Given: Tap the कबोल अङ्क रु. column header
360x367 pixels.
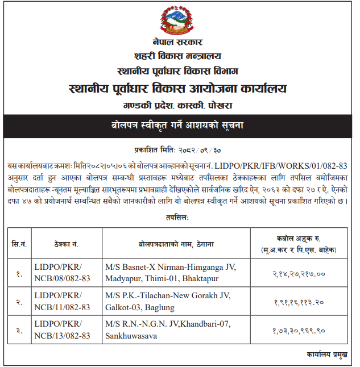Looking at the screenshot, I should [298, 239].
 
